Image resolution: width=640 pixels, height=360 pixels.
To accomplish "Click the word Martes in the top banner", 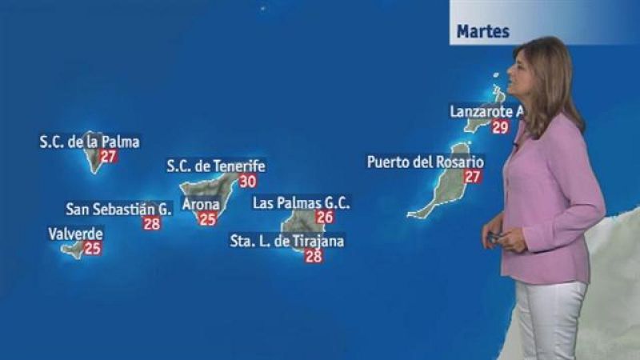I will (483, 32).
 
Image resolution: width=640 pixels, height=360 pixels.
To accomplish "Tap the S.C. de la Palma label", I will (90, 142).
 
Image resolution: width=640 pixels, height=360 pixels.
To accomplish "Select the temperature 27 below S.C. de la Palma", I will (109, 156).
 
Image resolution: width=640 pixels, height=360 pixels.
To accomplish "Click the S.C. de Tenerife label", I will (216, 166).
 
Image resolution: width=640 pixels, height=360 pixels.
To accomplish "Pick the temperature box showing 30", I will (248, 181).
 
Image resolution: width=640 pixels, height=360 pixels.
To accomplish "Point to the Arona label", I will (202, 204).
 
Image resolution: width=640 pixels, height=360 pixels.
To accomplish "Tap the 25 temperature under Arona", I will (208, 218).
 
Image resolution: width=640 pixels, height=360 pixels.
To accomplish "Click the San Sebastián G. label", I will (119, 210).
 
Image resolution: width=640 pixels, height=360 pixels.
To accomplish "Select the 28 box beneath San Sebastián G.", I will (152, 224).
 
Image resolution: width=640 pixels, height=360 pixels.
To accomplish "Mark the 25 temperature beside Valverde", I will (93, 248).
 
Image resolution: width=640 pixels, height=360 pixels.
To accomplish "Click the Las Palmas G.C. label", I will (302, 203).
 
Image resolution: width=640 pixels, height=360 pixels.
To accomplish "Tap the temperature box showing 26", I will (325, 217).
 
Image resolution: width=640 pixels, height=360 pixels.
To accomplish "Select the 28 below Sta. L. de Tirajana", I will (314, 256).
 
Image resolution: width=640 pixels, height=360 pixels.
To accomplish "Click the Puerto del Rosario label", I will (426, 162).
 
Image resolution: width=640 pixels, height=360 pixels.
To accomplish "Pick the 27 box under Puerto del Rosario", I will (473, 176).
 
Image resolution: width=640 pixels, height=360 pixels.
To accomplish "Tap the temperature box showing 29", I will (501, 126).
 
